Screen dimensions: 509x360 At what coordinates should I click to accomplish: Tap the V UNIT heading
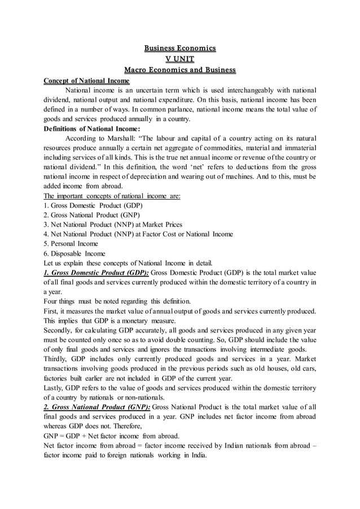[179, 59]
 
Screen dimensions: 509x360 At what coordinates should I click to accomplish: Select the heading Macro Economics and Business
[179, 70]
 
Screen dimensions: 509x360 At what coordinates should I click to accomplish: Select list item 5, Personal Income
[71, 244]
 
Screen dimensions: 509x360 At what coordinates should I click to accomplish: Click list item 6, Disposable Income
[74, 254]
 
